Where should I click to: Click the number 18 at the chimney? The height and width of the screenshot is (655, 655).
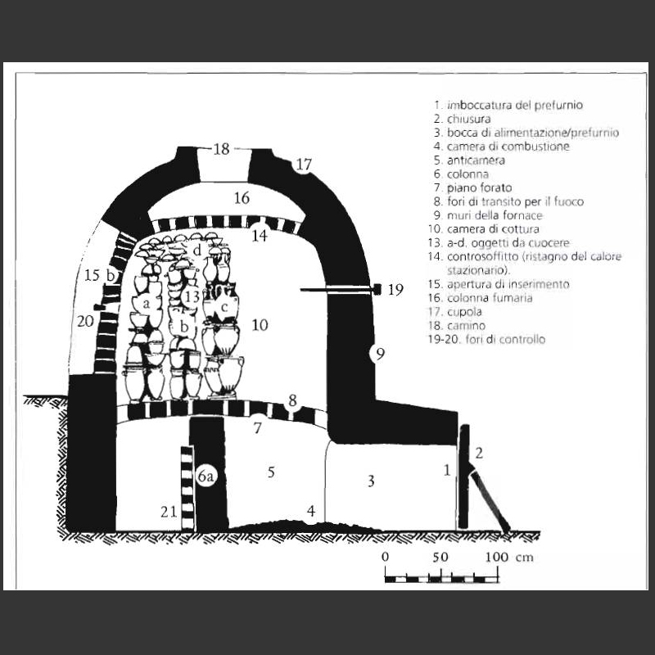(221, 149)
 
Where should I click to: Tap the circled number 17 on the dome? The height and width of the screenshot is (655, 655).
(304, 165)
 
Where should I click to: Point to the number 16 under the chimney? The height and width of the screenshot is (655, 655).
(242, 197)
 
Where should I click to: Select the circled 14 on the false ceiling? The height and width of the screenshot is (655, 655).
(260, 235)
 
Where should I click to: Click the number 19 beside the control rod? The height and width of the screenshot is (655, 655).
(395, 289)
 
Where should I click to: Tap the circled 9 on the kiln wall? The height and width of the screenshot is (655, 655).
(380, 355)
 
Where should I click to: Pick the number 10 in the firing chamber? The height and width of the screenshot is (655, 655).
(260, 324)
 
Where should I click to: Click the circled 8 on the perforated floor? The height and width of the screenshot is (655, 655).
(292, 400)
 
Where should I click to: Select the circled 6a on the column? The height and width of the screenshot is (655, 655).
(206, 477)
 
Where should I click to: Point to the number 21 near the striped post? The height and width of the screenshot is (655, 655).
(169, 511)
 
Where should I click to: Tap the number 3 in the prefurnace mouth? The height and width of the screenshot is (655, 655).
(371, 481)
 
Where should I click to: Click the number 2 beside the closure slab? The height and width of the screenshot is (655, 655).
(479, 453)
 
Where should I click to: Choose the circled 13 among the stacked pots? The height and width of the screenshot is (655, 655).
(192, 296)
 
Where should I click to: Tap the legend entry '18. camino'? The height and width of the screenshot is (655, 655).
(457, 325)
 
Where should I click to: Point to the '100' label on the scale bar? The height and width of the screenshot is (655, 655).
(497, 557)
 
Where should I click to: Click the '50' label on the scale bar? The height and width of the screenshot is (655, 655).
(440, 557)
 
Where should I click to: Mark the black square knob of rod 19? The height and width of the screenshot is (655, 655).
(377, 289)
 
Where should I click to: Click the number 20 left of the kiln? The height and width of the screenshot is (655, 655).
(85, 321)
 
